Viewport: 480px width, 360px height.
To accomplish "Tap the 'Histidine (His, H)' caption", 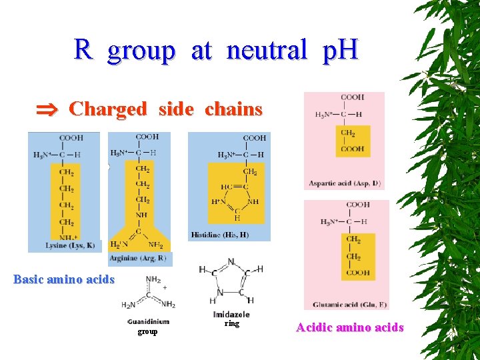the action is click(x=220, y=234).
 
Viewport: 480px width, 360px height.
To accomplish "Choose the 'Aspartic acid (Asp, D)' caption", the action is click(x=343, y=183).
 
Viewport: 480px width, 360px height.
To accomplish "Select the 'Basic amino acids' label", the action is click(x=64, y=279).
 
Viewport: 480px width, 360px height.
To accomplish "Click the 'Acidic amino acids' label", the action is click(x=350, y=327).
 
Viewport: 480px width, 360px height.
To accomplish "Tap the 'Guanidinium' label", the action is click(x=148, y=322).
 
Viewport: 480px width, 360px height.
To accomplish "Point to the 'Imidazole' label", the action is click(x=231, y=315).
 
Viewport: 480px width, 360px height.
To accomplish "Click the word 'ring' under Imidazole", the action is click(x=231, y=323).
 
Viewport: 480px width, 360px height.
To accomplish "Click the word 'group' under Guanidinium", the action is click(x=148, y=331).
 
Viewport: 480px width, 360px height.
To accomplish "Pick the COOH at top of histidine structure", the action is click(x=255, y=138).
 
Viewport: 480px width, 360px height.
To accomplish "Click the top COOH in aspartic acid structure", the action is click(x=352, y=98).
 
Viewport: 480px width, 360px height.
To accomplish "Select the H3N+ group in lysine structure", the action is click(x=43, y=155).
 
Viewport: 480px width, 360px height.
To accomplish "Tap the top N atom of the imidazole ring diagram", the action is click(x=231, y=261).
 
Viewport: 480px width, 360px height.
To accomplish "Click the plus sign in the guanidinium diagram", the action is click(x=165, y=287).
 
